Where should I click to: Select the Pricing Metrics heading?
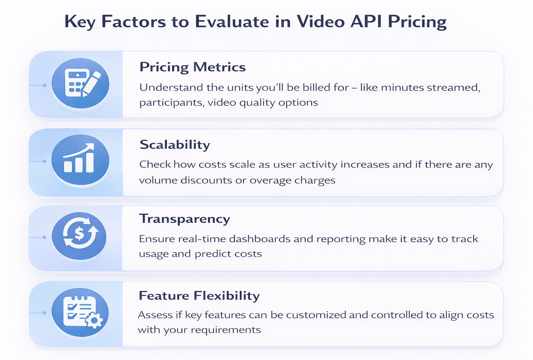(x=192, y=67)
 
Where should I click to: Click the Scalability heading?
(x=174, y=145)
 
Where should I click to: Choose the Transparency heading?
(x=184, y=219)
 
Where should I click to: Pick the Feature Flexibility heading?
(x=199, y=296)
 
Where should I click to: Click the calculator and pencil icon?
(x=80, y=84)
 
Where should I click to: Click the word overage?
(x=268, y=180)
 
